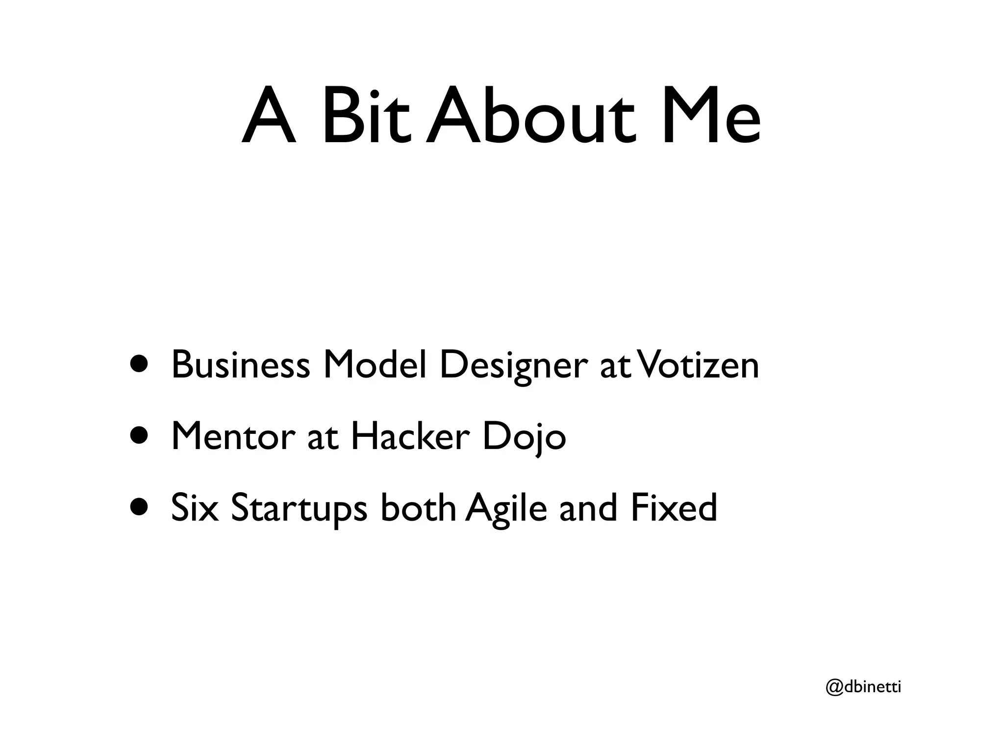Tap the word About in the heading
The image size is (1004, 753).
(x=532, y=117)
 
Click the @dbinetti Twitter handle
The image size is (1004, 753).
(x=863, y=687)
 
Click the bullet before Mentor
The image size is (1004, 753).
(x=140, y=436)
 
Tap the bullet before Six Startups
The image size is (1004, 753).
(x=140, y=508)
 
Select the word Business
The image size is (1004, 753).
(x=241, y=365)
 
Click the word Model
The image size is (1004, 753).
(x=375, y=365)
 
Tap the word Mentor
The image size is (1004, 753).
(x=233, y=436)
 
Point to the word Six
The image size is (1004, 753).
(x=194, y=508)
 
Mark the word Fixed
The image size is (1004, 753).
(x=674, y=508)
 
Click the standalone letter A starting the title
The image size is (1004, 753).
(x=269, y=117)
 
